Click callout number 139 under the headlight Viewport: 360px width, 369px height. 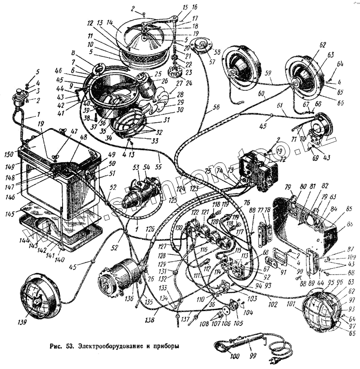tap(22, 322)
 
